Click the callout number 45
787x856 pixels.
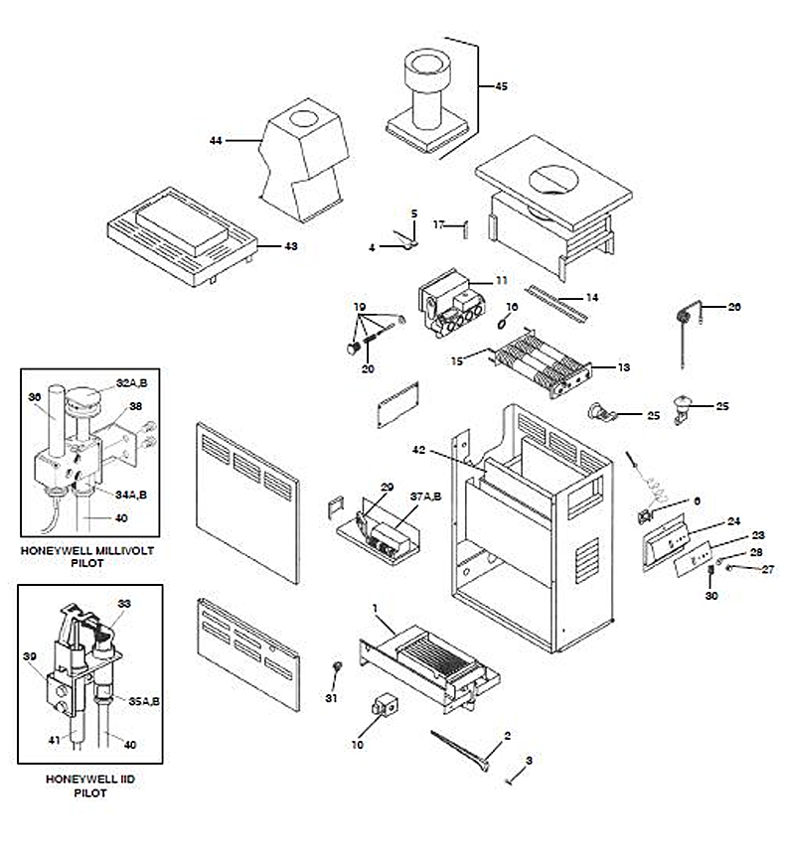tap(501, 87)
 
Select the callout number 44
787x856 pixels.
tap(216, 141)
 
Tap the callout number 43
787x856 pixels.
tap(291, 245)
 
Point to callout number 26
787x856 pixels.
tap(734, 307)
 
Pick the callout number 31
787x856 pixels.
tap(332, 699)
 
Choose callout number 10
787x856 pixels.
tap(356, 743)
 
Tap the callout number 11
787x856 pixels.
tap(501, 281)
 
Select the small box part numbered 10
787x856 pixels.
tap(381, 707)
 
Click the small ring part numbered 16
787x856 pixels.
tap(504, 323)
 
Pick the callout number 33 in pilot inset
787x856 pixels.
tap(124, 603)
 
